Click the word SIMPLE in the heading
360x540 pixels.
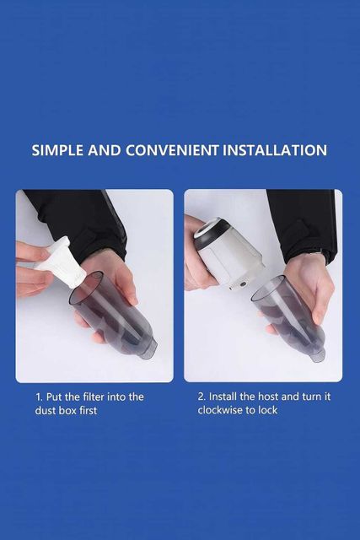[x=57, y=150]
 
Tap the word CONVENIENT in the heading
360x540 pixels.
[x=172, y=150]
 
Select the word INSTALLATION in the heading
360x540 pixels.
[x=275, y=150]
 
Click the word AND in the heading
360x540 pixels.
[x=105, y=150]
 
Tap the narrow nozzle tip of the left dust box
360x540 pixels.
[x=148, y=349]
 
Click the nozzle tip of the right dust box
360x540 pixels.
[x=318, y=354]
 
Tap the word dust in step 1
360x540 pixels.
[x=46, y=411]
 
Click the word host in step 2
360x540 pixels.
[x=268, y=397]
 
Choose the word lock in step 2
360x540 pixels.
[x=269, y=410]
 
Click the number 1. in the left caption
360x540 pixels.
[x=39, y=397]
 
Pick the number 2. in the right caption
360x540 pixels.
[x=201, y=397]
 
